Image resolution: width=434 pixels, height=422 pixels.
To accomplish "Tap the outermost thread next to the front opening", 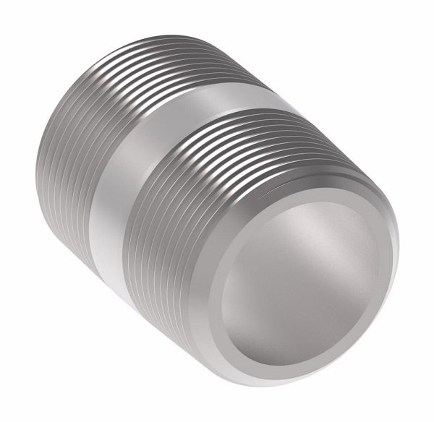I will pos(210,238).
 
